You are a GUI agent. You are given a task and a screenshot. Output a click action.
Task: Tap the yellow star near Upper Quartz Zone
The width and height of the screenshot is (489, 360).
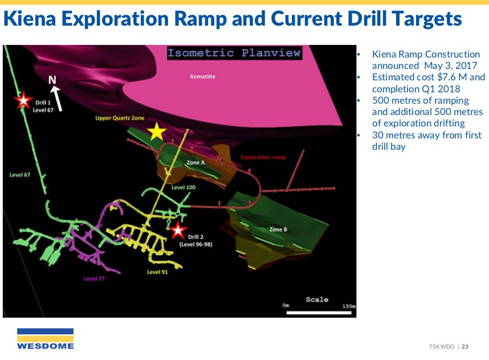coord(157,131)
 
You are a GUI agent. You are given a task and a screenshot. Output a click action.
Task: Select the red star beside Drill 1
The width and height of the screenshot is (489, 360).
coord(23,100)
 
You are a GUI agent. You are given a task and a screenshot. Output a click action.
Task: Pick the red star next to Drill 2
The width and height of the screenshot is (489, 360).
coord(178,230)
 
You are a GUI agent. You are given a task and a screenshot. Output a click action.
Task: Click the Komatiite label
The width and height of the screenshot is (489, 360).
coord(203,76)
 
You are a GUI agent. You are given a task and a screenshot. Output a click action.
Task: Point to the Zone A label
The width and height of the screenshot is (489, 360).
coord(195,162)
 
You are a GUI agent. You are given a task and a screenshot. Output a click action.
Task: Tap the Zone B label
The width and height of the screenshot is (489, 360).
coord(278,230)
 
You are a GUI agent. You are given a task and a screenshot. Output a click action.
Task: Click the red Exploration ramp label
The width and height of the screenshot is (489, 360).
coord(263,157)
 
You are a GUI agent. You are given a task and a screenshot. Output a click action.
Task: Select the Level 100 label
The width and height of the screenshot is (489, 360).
coord(184,187)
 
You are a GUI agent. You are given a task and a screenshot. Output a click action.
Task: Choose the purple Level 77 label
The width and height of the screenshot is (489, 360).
coord(94,279)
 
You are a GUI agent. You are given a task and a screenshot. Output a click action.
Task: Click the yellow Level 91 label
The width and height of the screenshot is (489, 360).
coord(157,272)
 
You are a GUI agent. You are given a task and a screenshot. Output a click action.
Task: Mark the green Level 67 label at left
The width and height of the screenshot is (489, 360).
coord(19,175)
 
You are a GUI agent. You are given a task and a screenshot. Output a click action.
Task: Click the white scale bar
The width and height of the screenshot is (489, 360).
coord(319,313)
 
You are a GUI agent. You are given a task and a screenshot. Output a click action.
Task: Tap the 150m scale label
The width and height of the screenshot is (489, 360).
coord(349,306)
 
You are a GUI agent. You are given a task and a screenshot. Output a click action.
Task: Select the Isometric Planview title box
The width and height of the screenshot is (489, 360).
coord(234,52)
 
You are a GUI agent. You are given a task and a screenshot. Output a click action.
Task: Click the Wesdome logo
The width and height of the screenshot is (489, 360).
coord(46,339)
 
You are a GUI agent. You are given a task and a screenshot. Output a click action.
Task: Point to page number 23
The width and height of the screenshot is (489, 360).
coord(465,346)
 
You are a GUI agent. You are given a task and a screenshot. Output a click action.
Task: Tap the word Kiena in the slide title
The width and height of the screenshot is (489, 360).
coord(30,18)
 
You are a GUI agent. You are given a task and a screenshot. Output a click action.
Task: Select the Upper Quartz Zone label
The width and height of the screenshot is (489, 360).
coord(120,118)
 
